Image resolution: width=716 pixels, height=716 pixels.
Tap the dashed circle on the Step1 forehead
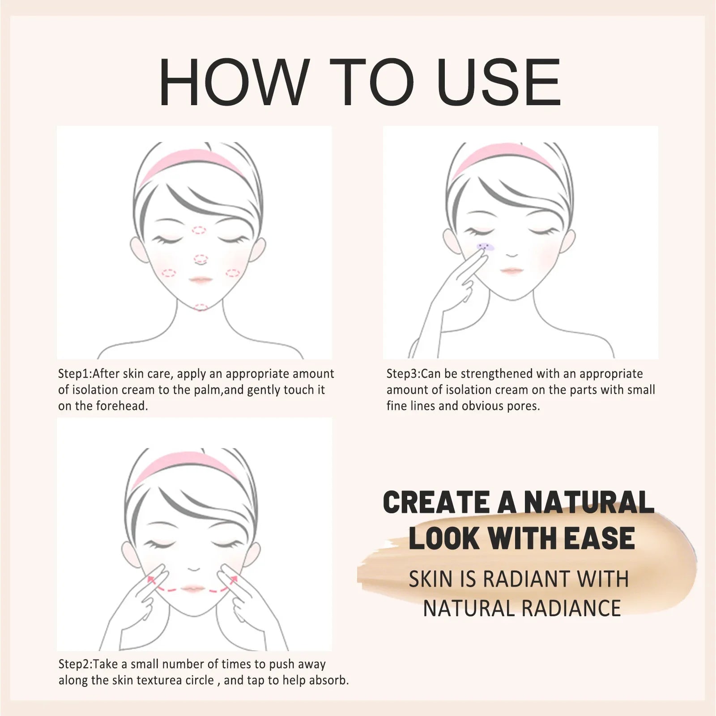[199, 230]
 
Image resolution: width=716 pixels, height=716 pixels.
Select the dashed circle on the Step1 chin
[201, 307]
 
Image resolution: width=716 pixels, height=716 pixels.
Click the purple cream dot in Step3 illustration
[484, 246]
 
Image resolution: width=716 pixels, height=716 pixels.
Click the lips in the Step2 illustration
[193, 588]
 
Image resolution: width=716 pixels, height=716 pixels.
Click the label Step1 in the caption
[74, 374]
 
